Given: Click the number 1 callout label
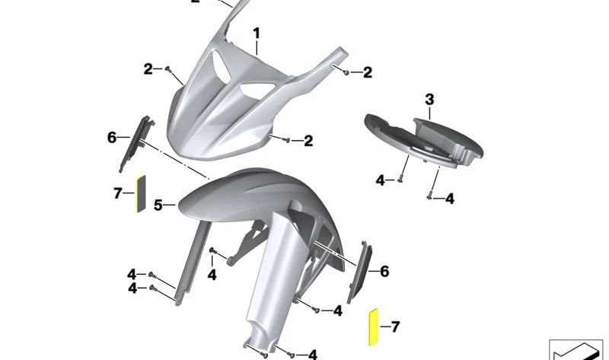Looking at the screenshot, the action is click(x=257, y=33).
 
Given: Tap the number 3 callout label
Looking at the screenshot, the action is click(x=429, y=100).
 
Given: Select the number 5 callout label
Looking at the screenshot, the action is click(x=158, y=205).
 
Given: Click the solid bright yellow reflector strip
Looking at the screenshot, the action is click(x=373, y=327).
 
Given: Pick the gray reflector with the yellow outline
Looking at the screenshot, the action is click(x=140, y=193).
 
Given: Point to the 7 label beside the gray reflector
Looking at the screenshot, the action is click(x=118, y=193).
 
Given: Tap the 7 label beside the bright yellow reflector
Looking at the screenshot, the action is click(x=395, y=327).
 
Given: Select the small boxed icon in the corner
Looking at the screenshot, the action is click(x=576, y=349).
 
